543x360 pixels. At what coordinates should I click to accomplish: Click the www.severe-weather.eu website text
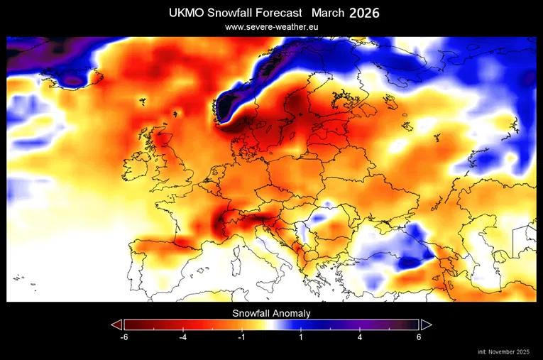(x=272, y=27)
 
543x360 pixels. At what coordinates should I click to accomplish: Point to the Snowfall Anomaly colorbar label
(x=271, y=312)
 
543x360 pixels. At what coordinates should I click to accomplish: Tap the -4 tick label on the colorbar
(x=182, y=337)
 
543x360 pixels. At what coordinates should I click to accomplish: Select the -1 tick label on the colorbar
(x=241, y=337)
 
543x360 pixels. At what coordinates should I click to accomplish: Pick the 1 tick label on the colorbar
(x=300, y=337)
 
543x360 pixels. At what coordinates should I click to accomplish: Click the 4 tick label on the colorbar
(x=360, y=337)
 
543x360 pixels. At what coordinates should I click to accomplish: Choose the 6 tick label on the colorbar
(x=419, y=337)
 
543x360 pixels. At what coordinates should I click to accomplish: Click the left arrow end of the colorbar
(x=117, y=324)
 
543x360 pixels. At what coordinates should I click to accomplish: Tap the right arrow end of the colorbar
(x=426, y=324)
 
